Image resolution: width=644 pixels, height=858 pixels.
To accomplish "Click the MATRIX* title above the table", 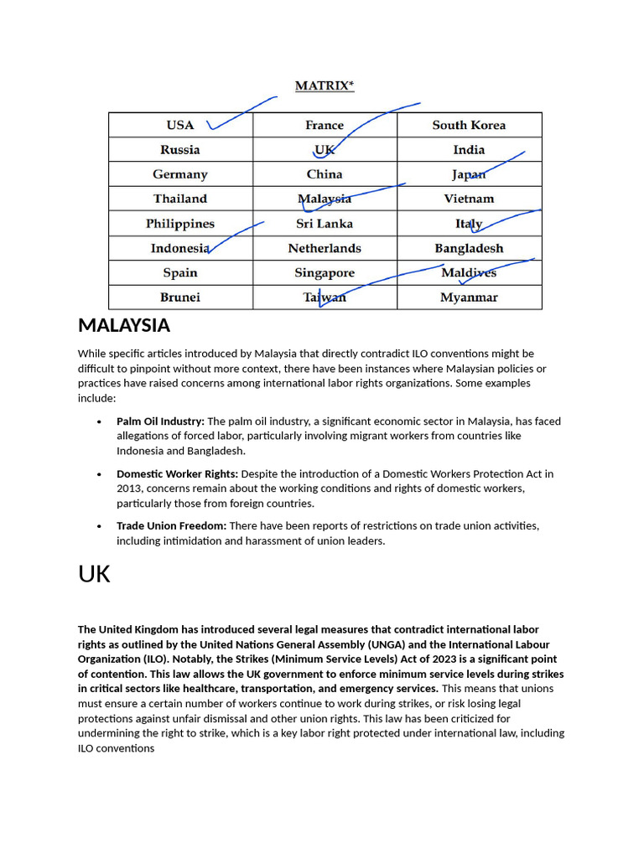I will point(324,85).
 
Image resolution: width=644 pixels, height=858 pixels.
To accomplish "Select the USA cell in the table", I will point(180,125).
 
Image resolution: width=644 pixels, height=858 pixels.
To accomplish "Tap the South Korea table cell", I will point(469,125).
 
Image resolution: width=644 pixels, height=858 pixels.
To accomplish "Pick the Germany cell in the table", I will point(180,174).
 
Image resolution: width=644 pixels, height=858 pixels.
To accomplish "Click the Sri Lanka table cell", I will point(325,224).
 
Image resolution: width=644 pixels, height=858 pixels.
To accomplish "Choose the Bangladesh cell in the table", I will point(469,248).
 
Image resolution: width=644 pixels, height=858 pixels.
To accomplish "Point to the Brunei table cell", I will point(180,297).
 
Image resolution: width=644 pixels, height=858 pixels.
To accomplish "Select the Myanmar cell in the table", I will point(469,297).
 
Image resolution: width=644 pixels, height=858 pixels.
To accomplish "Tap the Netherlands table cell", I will point(325,248).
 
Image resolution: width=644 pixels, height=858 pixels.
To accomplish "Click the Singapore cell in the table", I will point(325,273).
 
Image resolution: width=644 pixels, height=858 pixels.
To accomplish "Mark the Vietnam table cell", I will point(469,199).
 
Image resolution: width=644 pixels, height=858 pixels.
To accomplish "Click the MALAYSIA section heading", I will point(124,325).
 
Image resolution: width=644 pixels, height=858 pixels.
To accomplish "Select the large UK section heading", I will point(94,574).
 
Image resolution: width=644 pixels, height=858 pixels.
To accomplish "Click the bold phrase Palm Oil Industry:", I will point(160,421).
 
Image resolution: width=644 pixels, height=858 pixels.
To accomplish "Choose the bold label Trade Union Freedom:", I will point(171,525).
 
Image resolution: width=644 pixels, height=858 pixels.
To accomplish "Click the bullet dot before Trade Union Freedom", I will point(100,526).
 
